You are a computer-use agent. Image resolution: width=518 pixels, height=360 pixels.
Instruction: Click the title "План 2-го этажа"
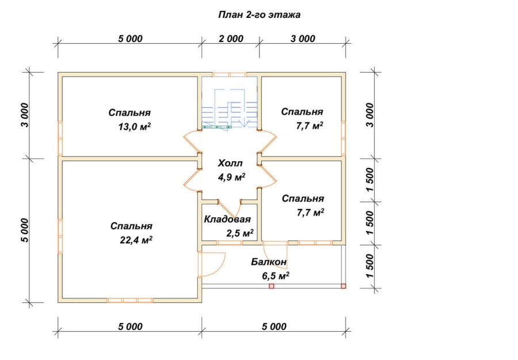click(259, 15)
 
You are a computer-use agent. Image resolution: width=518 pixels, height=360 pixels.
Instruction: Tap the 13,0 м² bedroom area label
click(135, 127)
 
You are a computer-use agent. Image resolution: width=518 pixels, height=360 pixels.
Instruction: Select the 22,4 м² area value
click(136, 240)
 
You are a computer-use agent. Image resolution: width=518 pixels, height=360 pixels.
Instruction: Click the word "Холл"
click(230, 163)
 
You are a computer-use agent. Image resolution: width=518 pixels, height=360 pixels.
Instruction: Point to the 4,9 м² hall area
click(231, 177)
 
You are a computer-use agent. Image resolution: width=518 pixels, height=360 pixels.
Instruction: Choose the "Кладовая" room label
click(227, 219)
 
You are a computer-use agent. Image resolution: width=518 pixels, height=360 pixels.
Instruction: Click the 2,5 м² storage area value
click(240, 233)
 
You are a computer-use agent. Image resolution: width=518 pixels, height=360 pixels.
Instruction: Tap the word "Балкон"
click(269, 262)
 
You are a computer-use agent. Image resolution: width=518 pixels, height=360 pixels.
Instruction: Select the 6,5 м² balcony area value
click(276, 276)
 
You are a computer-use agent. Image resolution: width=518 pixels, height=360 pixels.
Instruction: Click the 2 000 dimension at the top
click(231, 39)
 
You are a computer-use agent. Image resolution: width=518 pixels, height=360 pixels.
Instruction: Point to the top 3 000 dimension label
click(303, 39)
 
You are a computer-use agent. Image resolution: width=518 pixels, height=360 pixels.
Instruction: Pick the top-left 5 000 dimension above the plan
click(130, 39)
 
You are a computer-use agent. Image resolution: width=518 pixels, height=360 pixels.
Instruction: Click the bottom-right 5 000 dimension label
click(274, 327)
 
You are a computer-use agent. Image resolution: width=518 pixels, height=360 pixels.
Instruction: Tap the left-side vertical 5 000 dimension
click(25, 230)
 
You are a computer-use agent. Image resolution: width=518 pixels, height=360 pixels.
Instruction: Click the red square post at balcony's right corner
click(343, 286)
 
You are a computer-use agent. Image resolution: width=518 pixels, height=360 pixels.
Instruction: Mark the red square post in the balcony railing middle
click(272, 286)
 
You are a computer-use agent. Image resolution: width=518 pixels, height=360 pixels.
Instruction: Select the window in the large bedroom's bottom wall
click(130, 300)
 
